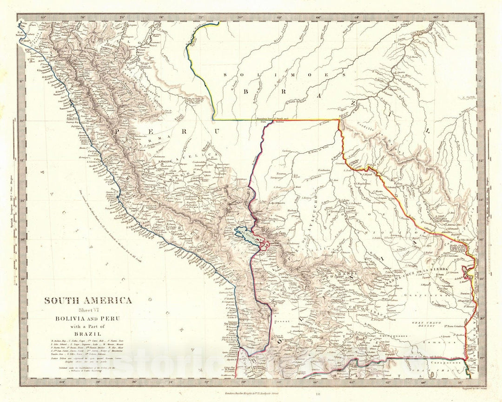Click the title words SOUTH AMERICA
pyautogui.click(x=88, y=300)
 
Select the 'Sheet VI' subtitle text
pyautogui.click(x=88, y=310)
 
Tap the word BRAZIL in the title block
pyautogui.click(x=88, y=333)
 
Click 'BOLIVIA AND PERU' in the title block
pyautogui.click(x=88, y=318)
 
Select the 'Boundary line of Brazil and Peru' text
pyautogui.click(x=272, y=120)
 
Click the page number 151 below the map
pyautogui.click(x=251, y=395)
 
